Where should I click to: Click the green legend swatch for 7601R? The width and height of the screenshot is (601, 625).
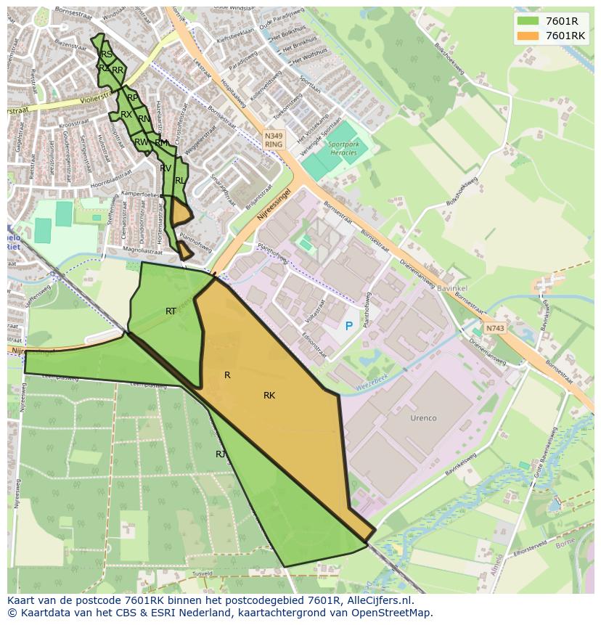(x=528, y=20)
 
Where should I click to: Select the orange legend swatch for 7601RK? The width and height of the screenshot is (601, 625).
(x=528, y=36)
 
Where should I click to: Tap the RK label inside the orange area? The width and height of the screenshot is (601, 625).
(x=269, y=396)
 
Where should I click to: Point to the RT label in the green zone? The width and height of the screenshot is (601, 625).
(x=171, y=311)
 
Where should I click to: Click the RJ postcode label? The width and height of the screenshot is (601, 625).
(x=221, y=454)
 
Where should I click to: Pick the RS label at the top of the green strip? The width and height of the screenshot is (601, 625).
(x=107, y=54)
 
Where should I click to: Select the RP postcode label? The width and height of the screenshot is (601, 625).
(x=132, y=97)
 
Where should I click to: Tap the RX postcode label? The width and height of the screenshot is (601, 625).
(x=126, y=115)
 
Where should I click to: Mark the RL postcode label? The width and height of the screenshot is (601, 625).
(x=179, y=180)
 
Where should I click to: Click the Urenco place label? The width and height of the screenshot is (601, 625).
(x=423, y=418)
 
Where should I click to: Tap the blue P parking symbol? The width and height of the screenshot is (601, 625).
(x=349, y=327)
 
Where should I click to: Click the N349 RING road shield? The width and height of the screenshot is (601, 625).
(x=274, y=139)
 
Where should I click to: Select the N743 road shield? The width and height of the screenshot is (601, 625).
(x=495, y=328)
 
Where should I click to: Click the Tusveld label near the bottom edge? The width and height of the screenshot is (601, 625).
(x=201, y=573)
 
